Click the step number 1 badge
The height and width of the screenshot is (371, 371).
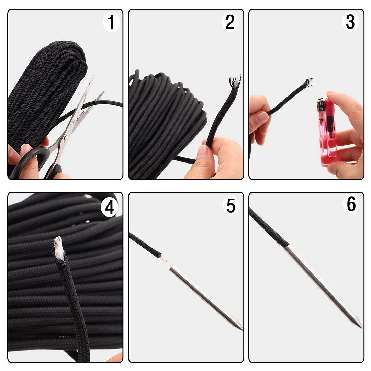[x=111, y=22]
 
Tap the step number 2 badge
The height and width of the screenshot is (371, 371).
[x=230, y=22]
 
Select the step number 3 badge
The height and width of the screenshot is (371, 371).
[x=350, y=22]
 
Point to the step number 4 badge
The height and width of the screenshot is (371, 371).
[x=109, y=207]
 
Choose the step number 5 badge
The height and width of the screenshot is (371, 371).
[x=231, y=206]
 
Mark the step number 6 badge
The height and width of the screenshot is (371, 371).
[x=351, y=204]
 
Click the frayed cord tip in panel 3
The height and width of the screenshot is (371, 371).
[x=310, y=83]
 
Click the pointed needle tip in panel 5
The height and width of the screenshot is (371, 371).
[x=242, y=329]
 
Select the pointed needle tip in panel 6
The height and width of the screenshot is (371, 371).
[x=361, y=327]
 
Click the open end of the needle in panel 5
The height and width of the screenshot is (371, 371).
[x=171, y=269]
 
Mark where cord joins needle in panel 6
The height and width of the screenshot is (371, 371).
[x=287, y=246]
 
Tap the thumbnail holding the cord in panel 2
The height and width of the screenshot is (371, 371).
[x=203, y=151]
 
